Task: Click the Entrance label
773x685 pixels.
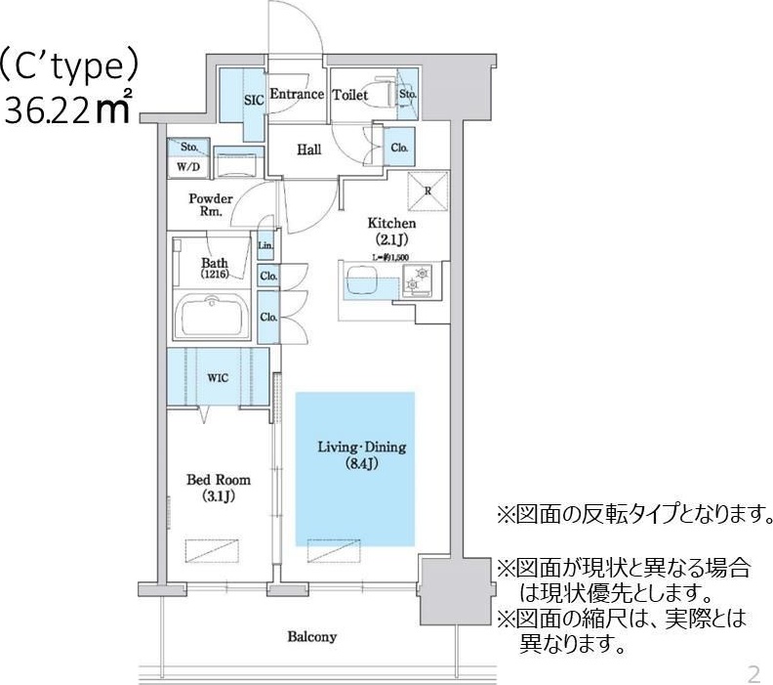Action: [x=296, y=95]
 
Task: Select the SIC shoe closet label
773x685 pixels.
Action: [x=253, y=99]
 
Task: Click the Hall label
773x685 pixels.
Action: [x=309, y=150]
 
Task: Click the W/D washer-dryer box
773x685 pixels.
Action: [x=188, y=166]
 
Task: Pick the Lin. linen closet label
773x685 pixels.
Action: [x=265, y=244]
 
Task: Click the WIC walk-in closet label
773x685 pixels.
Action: [x=218, y=377]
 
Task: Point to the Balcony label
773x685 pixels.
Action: [x=311, y=637]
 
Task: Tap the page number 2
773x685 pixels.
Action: [x=753, y=673]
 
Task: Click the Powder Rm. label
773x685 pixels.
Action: [x=211, y=204]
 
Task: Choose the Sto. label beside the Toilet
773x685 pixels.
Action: [x=408, y=95]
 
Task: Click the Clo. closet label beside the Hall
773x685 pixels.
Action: [x=399, y=148]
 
